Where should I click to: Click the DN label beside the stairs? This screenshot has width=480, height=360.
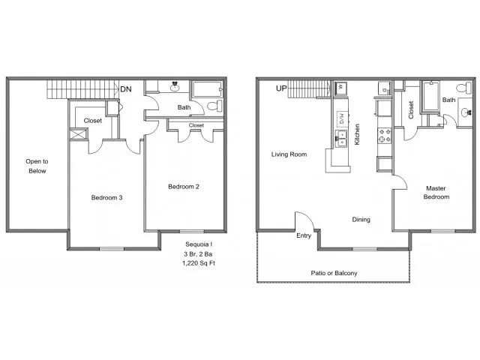pyautogui.click(x=126, y=89)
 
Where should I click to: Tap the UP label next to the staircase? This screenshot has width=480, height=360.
pyautogui.click(x=281, y=88)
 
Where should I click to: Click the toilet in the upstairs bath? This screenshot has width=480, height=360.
pyautogui.click(x=215, y=106)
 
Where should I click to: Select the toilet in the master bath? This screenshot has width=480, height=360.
pyautogui.click(x=464, y=88)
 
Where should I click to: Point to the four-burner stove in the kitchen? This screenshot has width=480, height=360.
pyautogui.click(x=385, y=136)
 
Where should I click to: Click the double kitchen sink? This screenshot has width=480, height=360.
pyautogui.click(x=340, y=138)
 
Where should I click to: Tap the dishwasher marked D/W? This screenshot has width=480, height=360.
pyautogui.click(x=342, y=118)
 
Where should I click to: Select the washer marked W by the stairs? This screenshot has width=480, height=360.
pyautogui.click(x=340, y=88)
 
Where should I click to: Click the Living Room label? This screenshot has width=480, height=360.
pyautogui.click(x=289, y=154)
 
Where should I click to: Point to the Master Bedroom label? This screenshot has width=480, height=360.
pyautogui.click(x=436, y=193)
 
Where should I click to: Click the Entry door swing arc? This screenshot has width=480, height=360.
pyautogui.click(x=307, y=216)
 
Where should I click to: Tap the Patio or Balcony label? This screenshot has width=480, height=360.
pyautogui.click(x=334, y=273)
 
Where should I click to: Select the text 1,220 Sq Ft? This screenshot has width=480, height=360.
pyautogui.click(x=199, y=263)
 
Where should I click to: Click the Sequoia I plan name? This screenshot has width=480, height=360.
pyautogui.click(x=199, y=244)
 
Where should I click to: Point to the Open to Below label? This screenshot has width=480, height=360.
pyautogui.click(x=37, y=166)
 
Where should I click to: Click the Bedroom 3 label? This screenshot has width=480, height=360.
pyautogui.click(x=106, y=198)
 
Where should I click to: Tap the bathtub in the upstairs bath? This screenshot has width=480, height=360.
pyautogui.click(x=207, y=90)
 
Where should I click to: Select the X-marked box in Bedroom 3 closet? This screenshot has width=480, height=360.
pyautogui.click(x=79, y=134)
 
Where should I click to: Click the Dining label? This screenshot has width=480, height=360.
pyautogui.click(x=361, y=220)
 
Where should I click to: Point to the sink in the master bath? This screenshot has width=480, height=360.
pyautogui.click(x=465, y=112)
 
